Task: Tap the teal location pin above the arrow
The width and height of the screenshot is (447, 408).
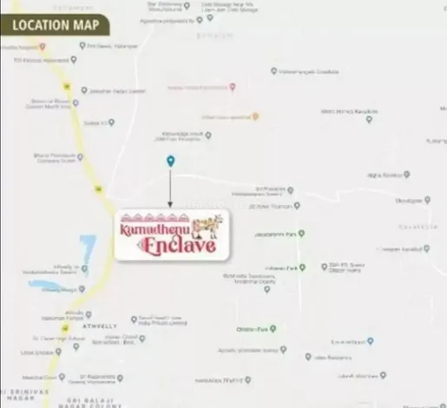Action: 170,161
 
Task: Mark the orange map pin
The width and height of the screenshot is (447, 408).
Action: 254,115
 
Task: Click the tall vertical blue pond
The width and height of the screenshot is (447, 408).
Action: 87,252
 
